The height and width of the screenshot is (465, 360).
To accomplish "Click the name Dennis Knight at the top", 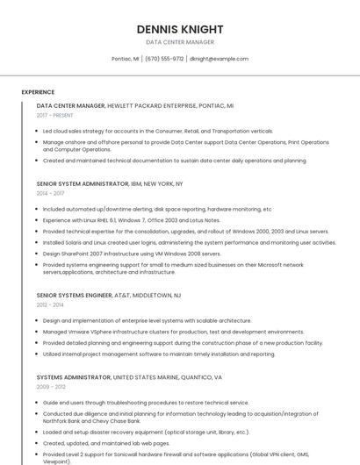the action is pyautogui.click(x=179, y=29).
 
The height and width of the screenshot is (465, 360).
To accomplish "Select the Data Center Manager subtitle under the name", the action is pyautogui.click(x=179, y=42).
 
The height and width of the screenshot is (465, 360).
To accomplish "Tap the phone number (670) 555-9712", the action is pyautogui.click(x=164, y=59).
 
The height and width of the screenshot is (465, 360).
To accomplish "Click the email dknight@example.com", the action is pyautogui.click(x=219, y=59).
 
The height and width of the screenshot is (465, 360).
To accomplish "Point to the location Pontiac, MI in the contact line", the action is pyautogui.click(x=125, y=59).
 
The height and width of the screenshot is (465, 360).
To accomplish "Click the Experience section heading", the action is pyautogui.click(x=38, y=92).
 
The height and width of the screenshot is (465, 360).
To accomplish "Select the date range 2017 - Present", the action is pyautogui.click(x=55, y=115).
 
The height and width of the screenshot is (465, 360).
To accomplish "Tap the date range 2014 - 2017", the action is pyautogui.click(x=51, y=193).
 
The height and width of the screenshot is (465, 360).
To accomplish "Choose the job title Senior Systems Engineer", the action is pyautogui.click(x=75, y=296).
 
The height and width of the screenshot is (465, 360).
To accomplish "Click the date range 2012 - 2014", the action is pyautogui.click(x=51, y=305).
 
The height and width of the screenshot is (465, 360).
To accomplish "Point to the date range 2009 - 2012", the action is pyautogui.click(x=51, y=387).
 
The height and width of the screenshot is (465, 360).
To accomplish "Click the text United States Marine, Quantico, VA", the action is pyautogui.click(x=168, y=377).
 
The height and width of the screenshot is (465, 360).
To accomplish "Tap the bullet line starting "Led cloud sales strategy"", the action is pyautogui.click(x=158, y=131).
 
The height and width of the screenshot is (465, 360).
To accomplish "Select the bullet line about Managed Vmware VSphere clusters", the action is pyautogui.click(x=173, y=332).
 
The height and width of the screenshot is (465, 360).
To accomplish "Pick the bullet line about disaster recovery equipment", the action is pyautogui.click(x=146, y=432).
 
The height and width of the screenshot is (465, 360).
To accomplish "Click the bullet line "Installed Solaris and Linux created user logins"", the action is pyautogui.click(x=189, y=242).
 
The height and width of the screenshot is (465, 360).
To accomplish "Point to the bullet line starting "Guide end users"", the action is pyautogui.click(x=146, y=403).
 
